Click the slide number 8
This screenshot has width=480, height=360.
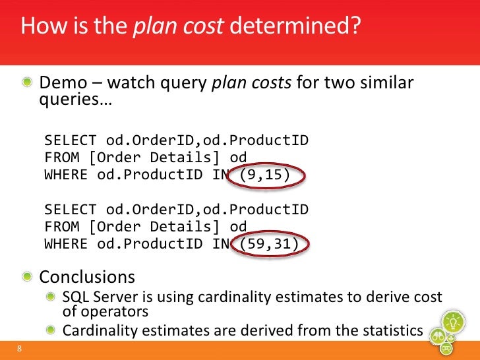(x=20, y=349)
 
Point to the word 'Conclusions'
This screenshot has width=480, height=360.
(x=88, y=276)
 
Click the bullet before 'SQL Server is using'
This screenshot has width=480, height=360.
(x=51, y=297)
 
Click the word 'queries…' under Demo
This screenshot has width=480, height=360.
(x=76, y=103)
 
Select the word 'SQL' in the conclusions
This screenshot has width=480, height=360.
(x=76, y=297)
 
